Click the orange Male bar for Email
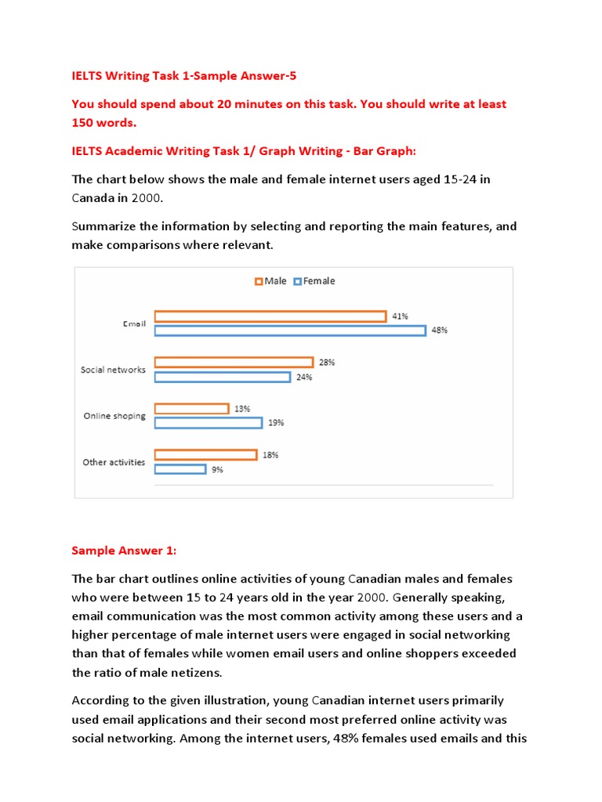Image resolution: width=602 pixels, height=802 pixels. click(x=270, y=316)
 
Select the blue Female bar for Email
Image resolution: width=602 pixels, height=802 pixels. click(x=289, y=331)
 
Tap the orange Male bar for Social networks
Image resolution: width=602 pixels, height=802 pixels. click(x=234, y=363)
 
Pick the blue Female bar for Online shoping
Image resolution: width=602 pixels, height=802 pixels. click(x=208, y=423)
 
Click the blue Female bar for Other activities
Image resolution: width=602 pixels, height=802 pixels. click(x=180, y=469)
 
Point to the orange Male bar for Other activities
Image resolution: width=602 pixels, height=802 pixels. click(x=205, y=455)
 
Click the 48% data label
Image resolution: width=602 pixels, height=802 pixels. click(x=439, y=331)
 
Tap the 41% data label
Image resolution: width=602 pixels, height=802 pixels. click(x=400, y=316)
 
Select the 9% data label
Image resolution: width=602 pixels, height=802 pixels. click(x=217, y=470)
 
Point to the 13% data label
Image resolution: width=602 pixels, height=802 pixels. click(x=242, y=409)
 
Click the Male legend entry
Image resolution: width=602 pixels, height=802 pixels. click(x=270, y=281)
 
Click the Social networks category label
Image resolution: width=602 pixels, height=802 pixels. click(x=113, y=370)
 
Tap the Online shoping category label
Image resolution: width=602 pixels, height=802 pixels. click(x=114, y=416)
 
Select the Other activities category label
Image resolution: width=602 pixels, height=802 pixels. click(x=114, y=462)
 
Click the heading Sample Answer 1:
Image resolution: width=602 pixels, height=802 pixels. click(x=124, y=551)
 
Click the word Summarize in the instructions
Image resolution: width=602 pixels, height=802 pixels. click(x=103, y=226)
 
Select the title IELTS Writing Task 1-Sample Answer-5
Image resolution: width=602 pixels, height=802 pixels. click(x=184, y=76)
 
